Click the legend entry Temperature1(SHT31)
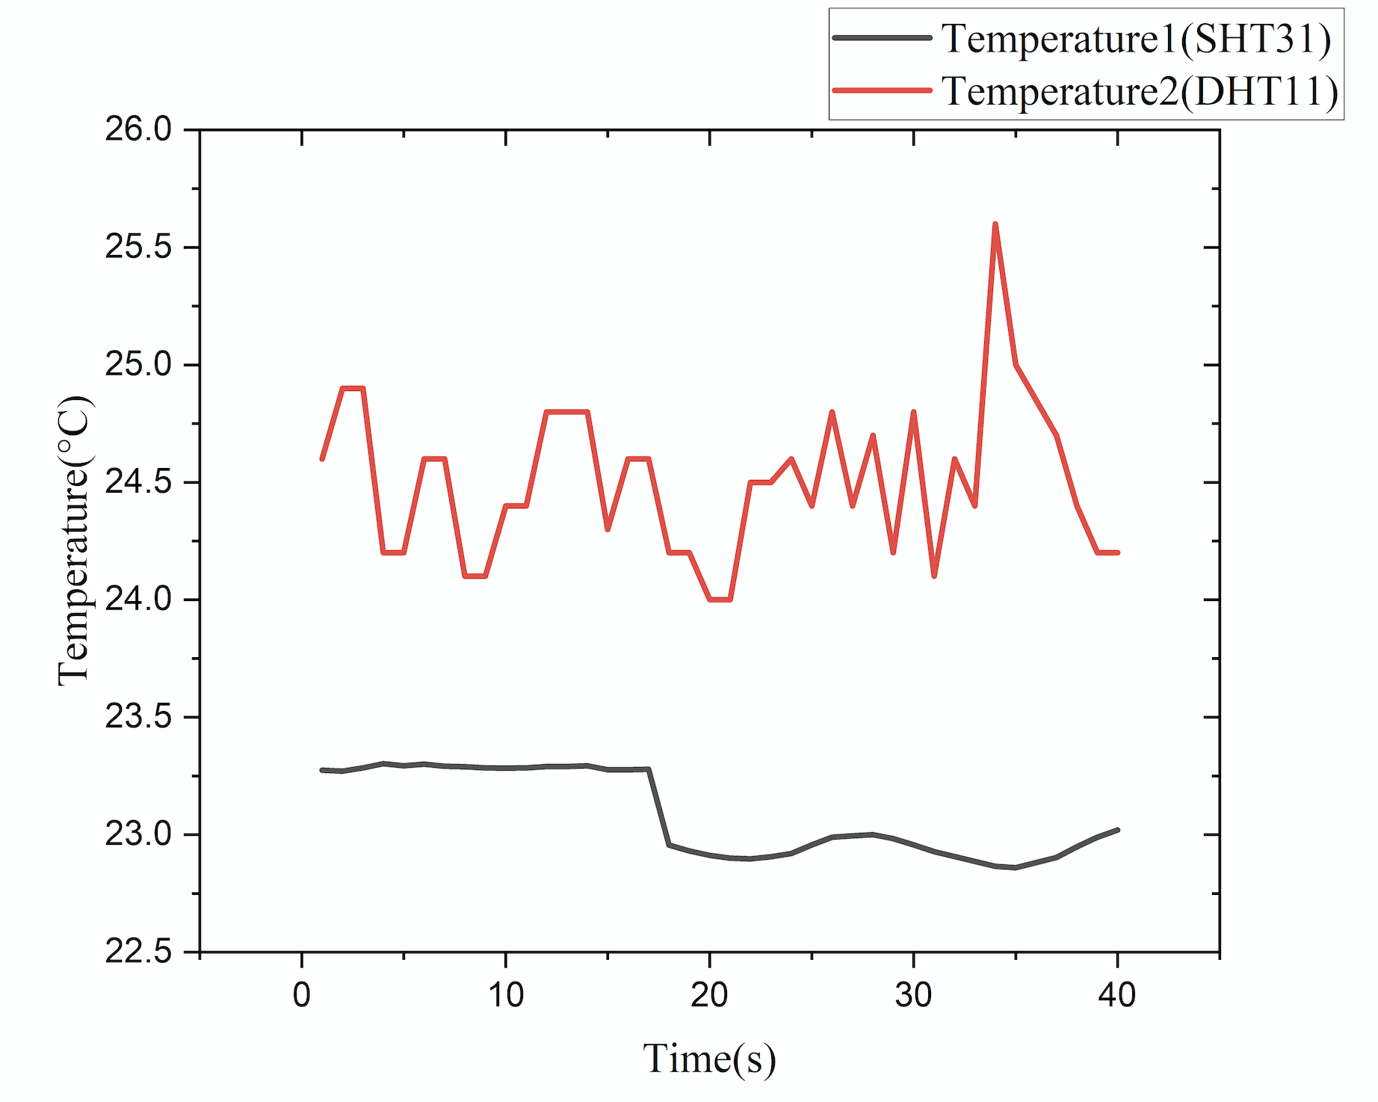[x=1135, y=39]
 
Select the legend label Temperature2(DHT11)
[x=1140, y=91]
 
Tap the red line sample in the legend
[x=882, y=90]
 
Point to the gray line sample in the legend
[x=882, y=38]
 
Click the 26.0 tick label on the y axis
[x=138, y=129]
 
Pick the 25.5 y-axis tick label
[x=138, y=247]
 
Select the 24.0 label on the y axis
[x=138, y=600]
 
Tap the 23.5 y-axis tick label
[x=138, y=717]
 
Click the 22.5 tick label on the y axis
[x=138, y=952]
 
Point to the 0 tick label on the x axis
[x=302, y=995]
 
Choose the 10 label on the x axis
[x=506, y=995]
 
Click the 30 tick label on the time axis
[x=913, y=995]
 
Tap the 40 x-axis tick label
[x=1117, y=995]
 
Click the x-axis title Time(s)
[x=709, y=1059]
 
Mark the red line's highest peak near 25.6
[x=995, y=224]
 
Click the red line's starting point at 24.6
[x=322, y=458]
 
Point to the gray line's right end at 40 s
[x=1117, y=830]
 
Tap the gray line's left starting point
[x=322, y=769]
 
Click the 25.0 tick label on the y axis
[x=138, y=365]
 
